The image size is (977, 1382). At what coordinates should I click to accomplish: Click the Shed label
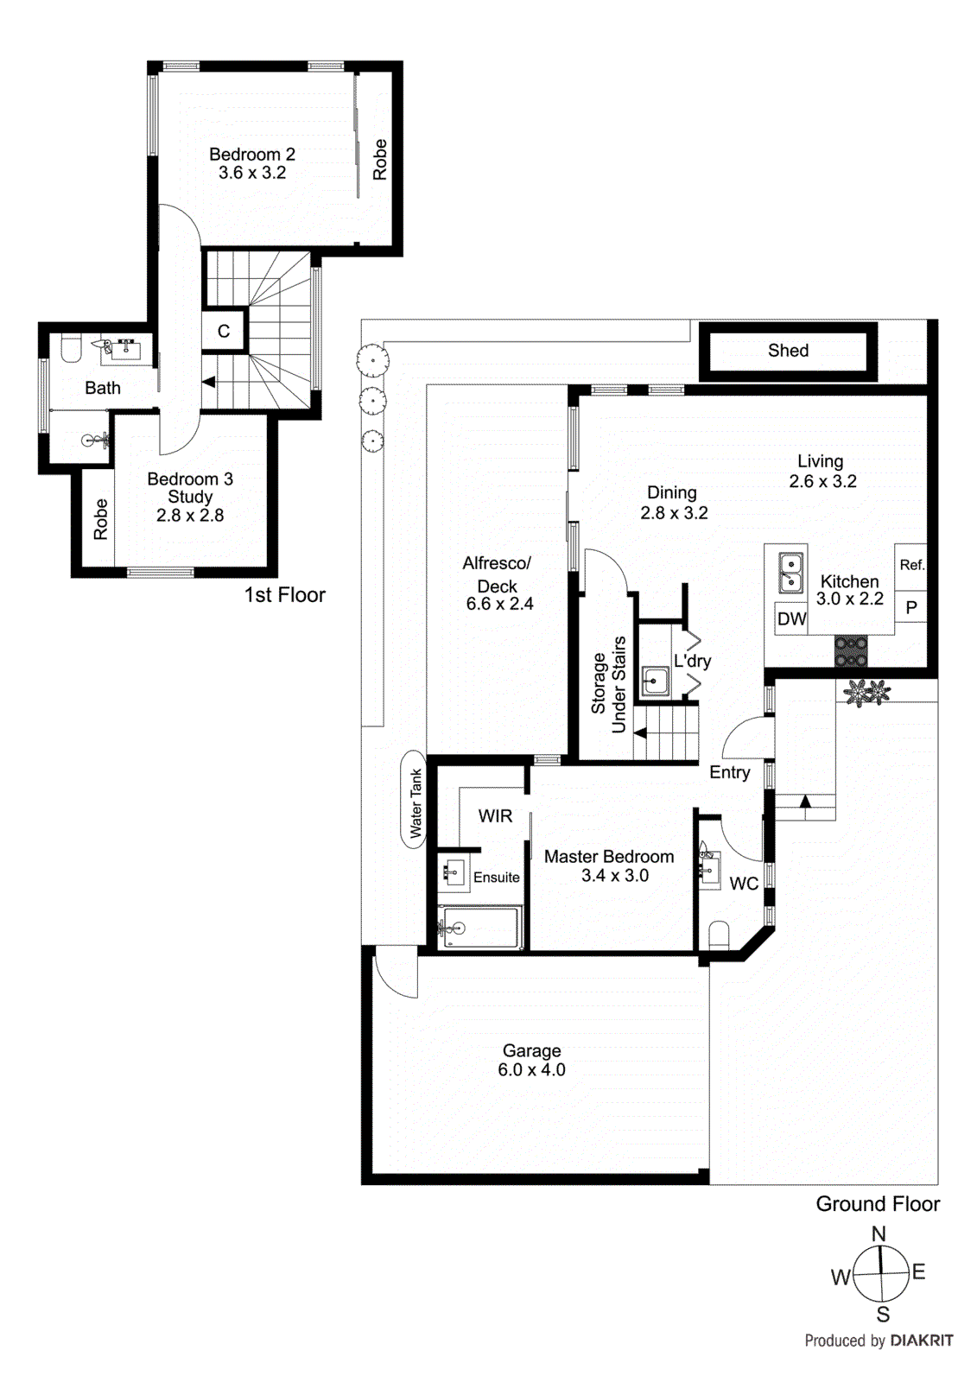(x=788, y=350)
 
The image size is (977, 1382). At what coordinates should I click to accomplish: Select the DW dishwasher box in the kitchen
(x=791, y=618)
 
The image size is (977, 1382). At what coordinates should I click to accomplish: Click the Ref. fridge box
(x=911, y=565)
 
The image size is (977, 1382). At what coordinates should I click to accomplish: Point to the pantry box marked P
(x=910, y=607)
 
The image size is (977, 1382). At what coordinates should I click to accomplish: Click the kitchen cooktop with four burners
(x=850, y=650)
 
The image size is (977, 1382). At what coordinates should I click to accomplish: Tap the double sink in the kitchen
(x=790, y=574)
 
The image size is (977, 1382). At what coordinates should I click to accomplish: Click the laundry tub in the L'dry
(x=656, y=681)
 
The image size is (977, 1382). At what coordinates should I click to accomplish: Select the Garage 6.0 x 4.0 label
(x=531, y=1060)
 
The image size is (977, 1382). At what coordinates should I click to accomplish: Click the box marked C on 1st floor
(x=224, y=331)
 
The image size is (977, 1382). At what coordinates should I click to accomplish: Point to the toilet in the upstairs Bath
(x=71, y=350)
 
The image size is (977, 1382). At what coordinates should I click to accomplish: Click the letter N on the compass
(x=879, y=1233)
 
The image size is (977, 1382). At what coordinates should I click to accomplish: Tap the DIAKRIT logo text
(x=921, y=1341)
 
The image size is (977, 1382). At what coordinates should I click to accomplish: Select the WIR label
(x=495, y=815)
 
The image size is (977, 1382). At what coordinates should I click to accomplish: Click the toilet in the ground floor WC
(x=718, y=935)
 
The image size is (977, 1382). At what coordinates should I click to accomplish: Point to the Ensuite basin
(x=454, y=872)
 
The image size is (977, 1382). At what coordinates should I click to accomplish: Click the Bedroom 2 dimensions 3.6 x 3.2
(x=252, y=173)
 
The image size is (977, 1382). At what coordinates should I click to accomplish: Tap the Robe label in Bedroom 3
(x=101, y=519)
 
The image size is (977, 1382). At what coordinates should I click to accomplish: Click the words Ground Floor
(x=877, y=1203)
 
